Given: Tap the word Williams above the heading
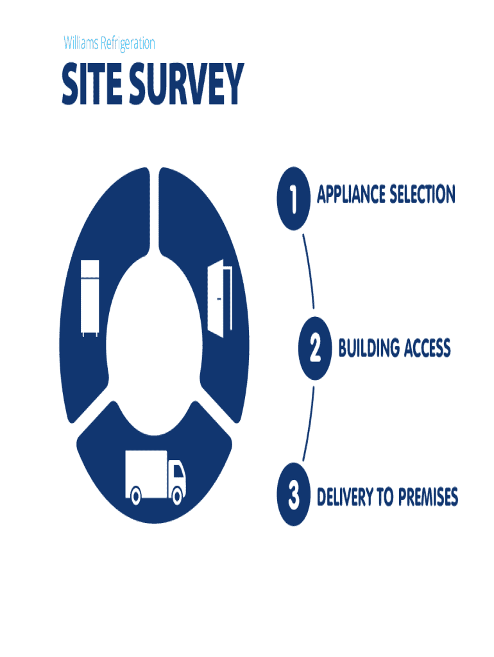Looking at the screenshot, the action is pos(81,43).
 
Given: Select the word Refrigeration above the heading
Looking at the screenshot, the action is pos(128,44).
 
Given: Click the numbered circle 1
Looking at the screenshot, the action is pos(293,199).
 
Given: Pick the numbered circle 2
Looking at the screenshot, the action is pos(314,348).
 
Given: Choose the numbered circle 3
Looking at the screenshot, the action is pos(293,495).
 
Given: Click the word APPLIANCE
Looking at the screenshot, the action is pos(351,194).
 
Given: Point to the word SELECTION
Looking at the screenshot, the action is pos(422,194).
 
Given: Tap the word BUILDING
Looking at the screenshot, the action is pos(369,348).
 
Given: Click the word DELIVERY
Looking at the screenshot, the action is pos(345,497).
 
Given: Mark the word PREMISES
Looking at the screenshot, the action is pos(428,497).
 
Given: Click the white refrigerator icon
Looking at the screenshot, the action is pos(90,298).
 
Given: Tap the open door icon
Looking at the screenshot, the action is pos(220,298).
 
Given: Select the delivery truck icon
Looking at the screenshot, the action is pos(155,477).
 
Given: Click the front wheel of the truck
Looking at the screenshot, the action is pos(177,497).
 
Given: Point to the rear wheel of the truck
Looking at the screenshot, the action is pos(136,497).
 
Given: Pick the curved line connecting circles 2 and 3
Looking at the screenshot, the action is pos(309,424).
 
